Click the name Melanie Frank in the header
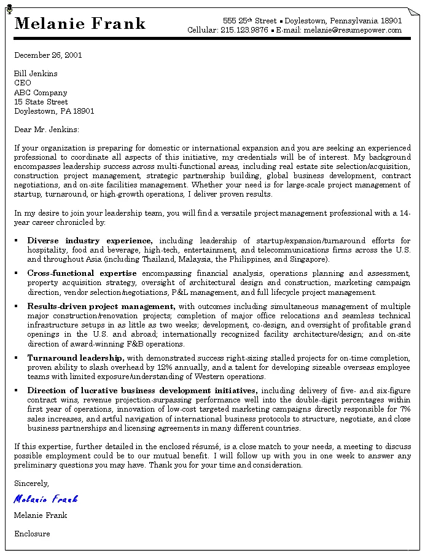80,24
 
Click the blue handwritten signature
45,499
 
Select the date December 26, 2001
48,55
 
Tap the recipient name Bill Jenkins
36,74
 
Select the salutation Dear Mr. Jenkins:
47,130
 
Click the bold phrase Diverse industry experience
90,241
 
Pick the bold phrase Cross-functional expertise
82,273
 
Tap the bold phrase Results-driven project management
101,306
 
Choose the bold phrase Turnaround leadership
76,358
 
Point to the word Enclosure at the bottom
32,534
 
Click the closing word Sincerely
31,484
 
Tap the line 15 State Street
41,102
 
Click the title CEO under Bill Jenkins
23,83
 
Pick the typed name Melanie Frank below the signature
41,515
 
